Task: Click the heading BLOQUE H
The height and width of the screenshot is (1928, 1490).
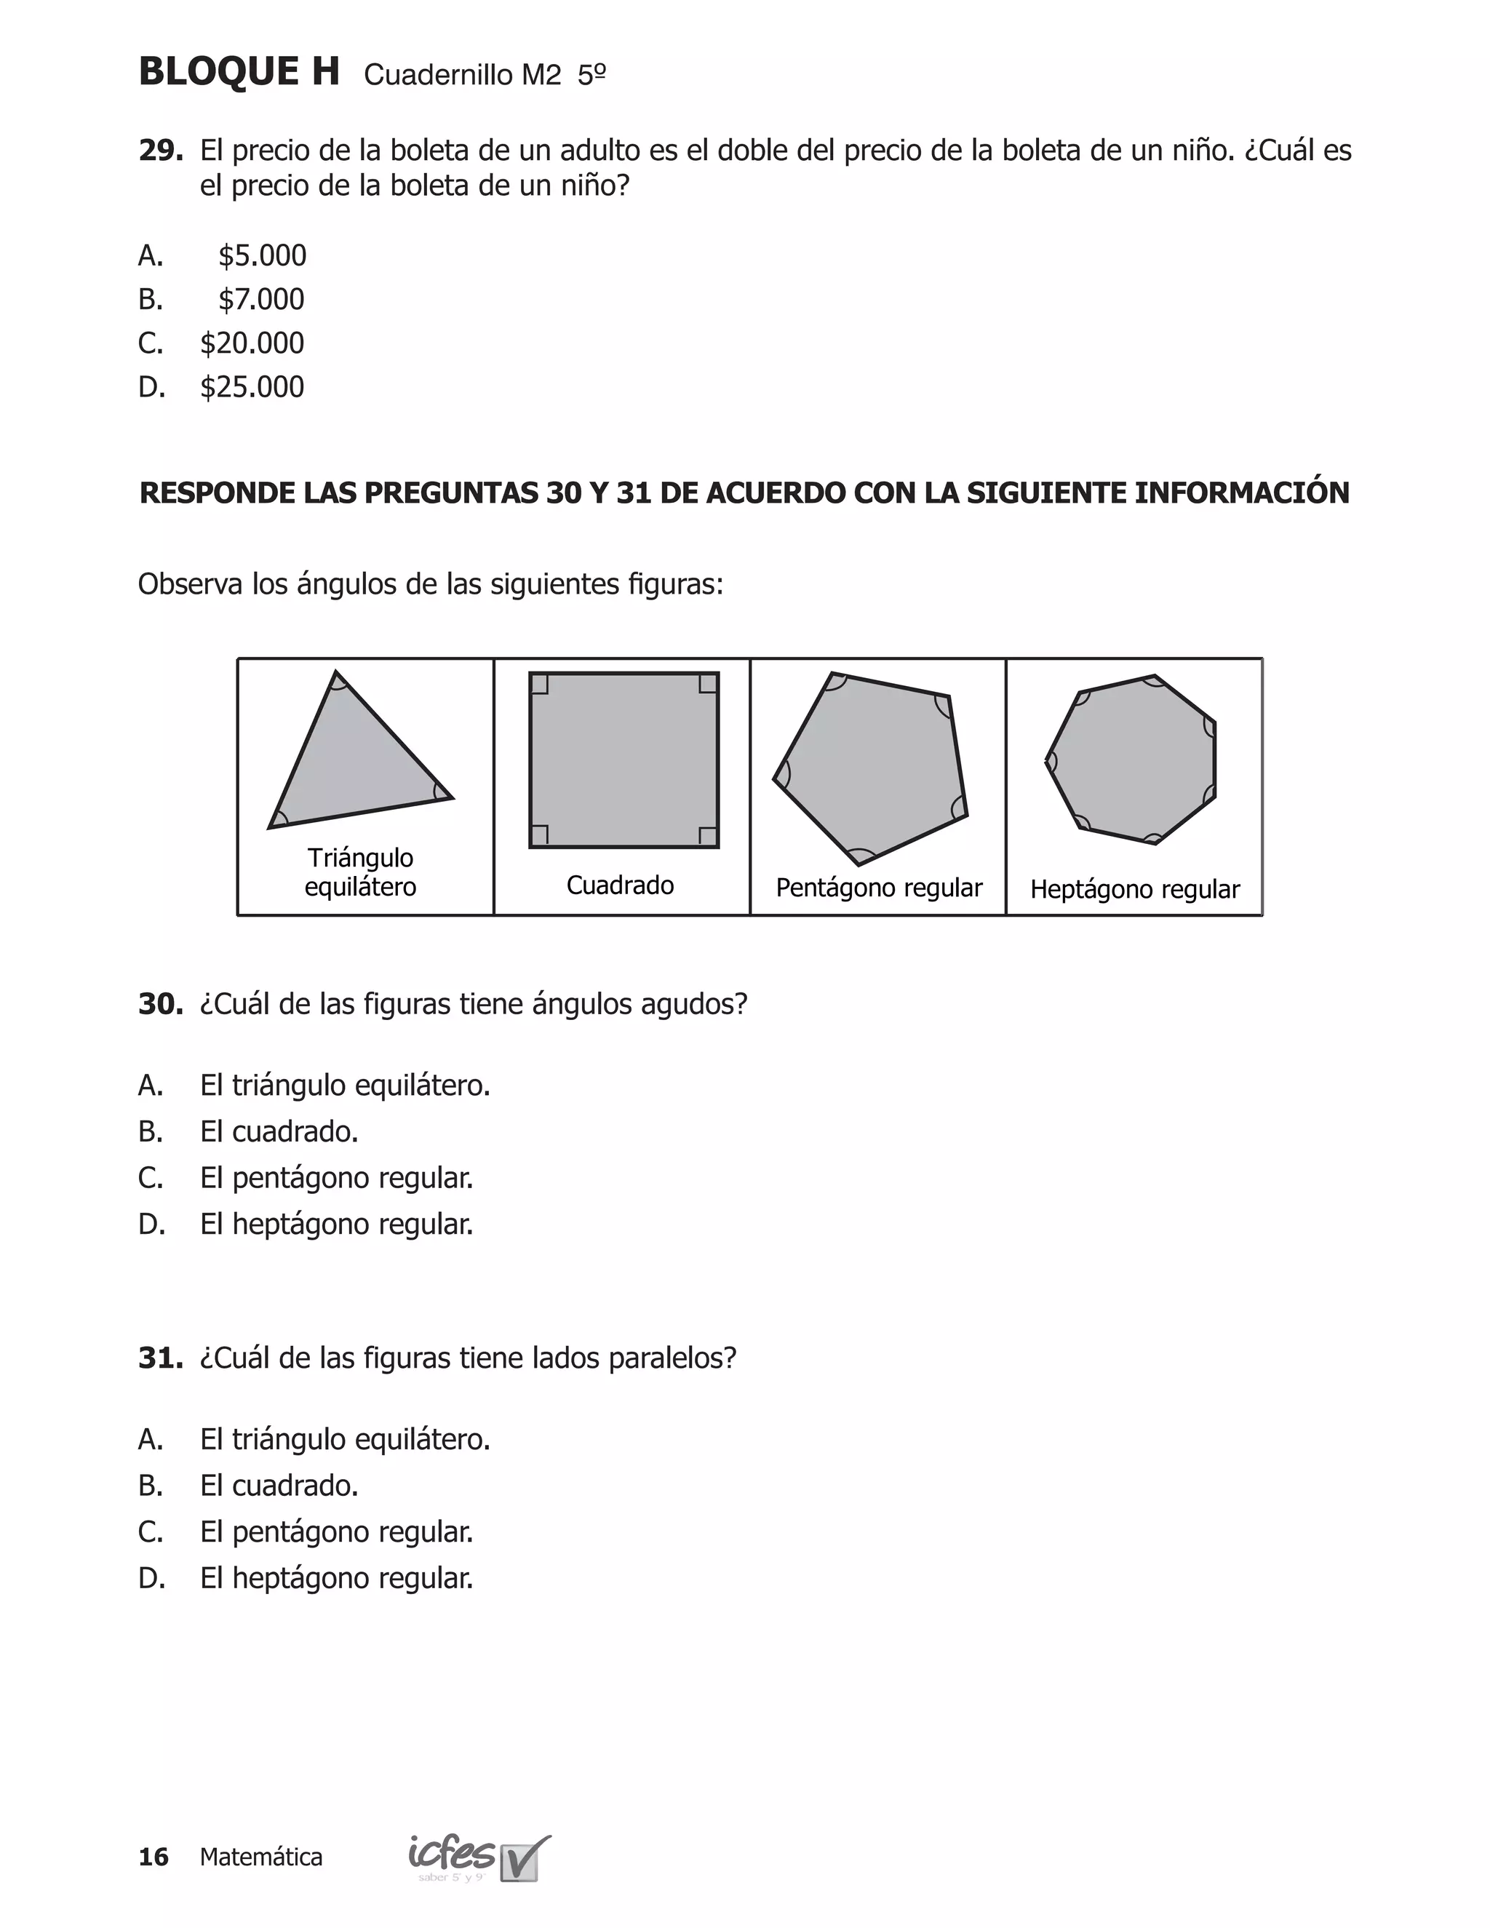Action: point(239,72)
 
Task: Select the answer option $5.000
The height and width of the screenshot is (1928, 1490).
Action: point(262,256)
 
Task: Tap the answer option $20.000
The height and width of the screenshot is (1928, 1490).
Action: point(252,343)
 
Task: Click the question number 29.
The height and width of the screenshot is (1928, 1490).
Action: point(160,151)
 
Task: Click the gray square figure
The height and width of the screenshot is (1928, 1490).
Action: point(624,760)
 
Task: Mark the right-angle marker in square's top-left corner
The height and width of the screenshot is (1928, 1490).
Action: point(539,684)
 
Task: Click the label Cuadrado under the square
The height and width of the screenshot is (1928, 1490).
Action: point(620,885)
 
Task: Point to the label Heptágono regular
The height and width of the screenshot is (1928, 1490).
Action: point(1134,889)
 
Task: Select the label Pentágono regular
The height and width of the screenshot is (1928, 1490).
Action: point(878,888)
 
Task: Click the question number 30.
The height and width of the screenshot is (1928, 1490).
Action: point(160,1005)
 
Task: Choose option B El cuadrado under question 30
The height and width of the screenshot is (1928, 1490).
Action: point(279,1132)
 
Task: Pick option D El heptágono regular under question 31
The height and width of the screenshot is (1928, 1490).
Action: point(336,1579)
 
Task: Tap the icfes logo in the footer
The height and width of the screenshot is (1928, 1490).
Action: point(477,1857)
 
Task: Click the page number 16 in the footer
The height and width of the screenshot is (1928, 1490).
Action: point(154,1857)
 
